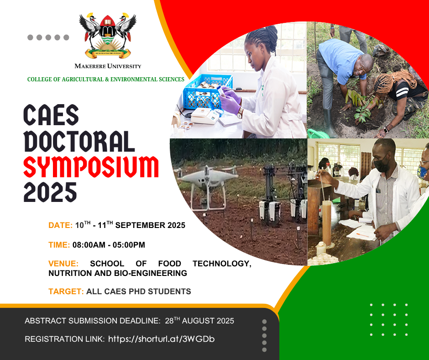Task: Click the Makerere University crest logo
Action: tap(108, 35)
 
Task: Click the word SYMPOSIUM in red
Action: tap(91, 167)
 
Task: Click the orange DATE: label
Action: tap(60, 225)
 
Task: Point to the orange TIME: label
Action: tap(59, 245)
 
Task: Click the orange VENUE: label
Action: tap(63, 264)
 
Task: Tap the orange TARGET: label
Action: tap(66, 291)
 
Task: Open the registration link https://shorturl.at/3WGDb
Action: tap(162, 339)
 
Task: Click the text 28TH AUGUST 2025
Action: tap(199, 320)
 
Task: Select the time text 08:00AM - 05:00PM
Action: tap(109, 245)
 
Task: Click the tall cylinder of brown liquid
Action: tap(327, 223)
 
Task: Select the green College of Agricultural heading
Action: tap(105, 79)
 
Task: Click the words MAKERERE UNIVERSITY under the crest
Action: tap(108, 66)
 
